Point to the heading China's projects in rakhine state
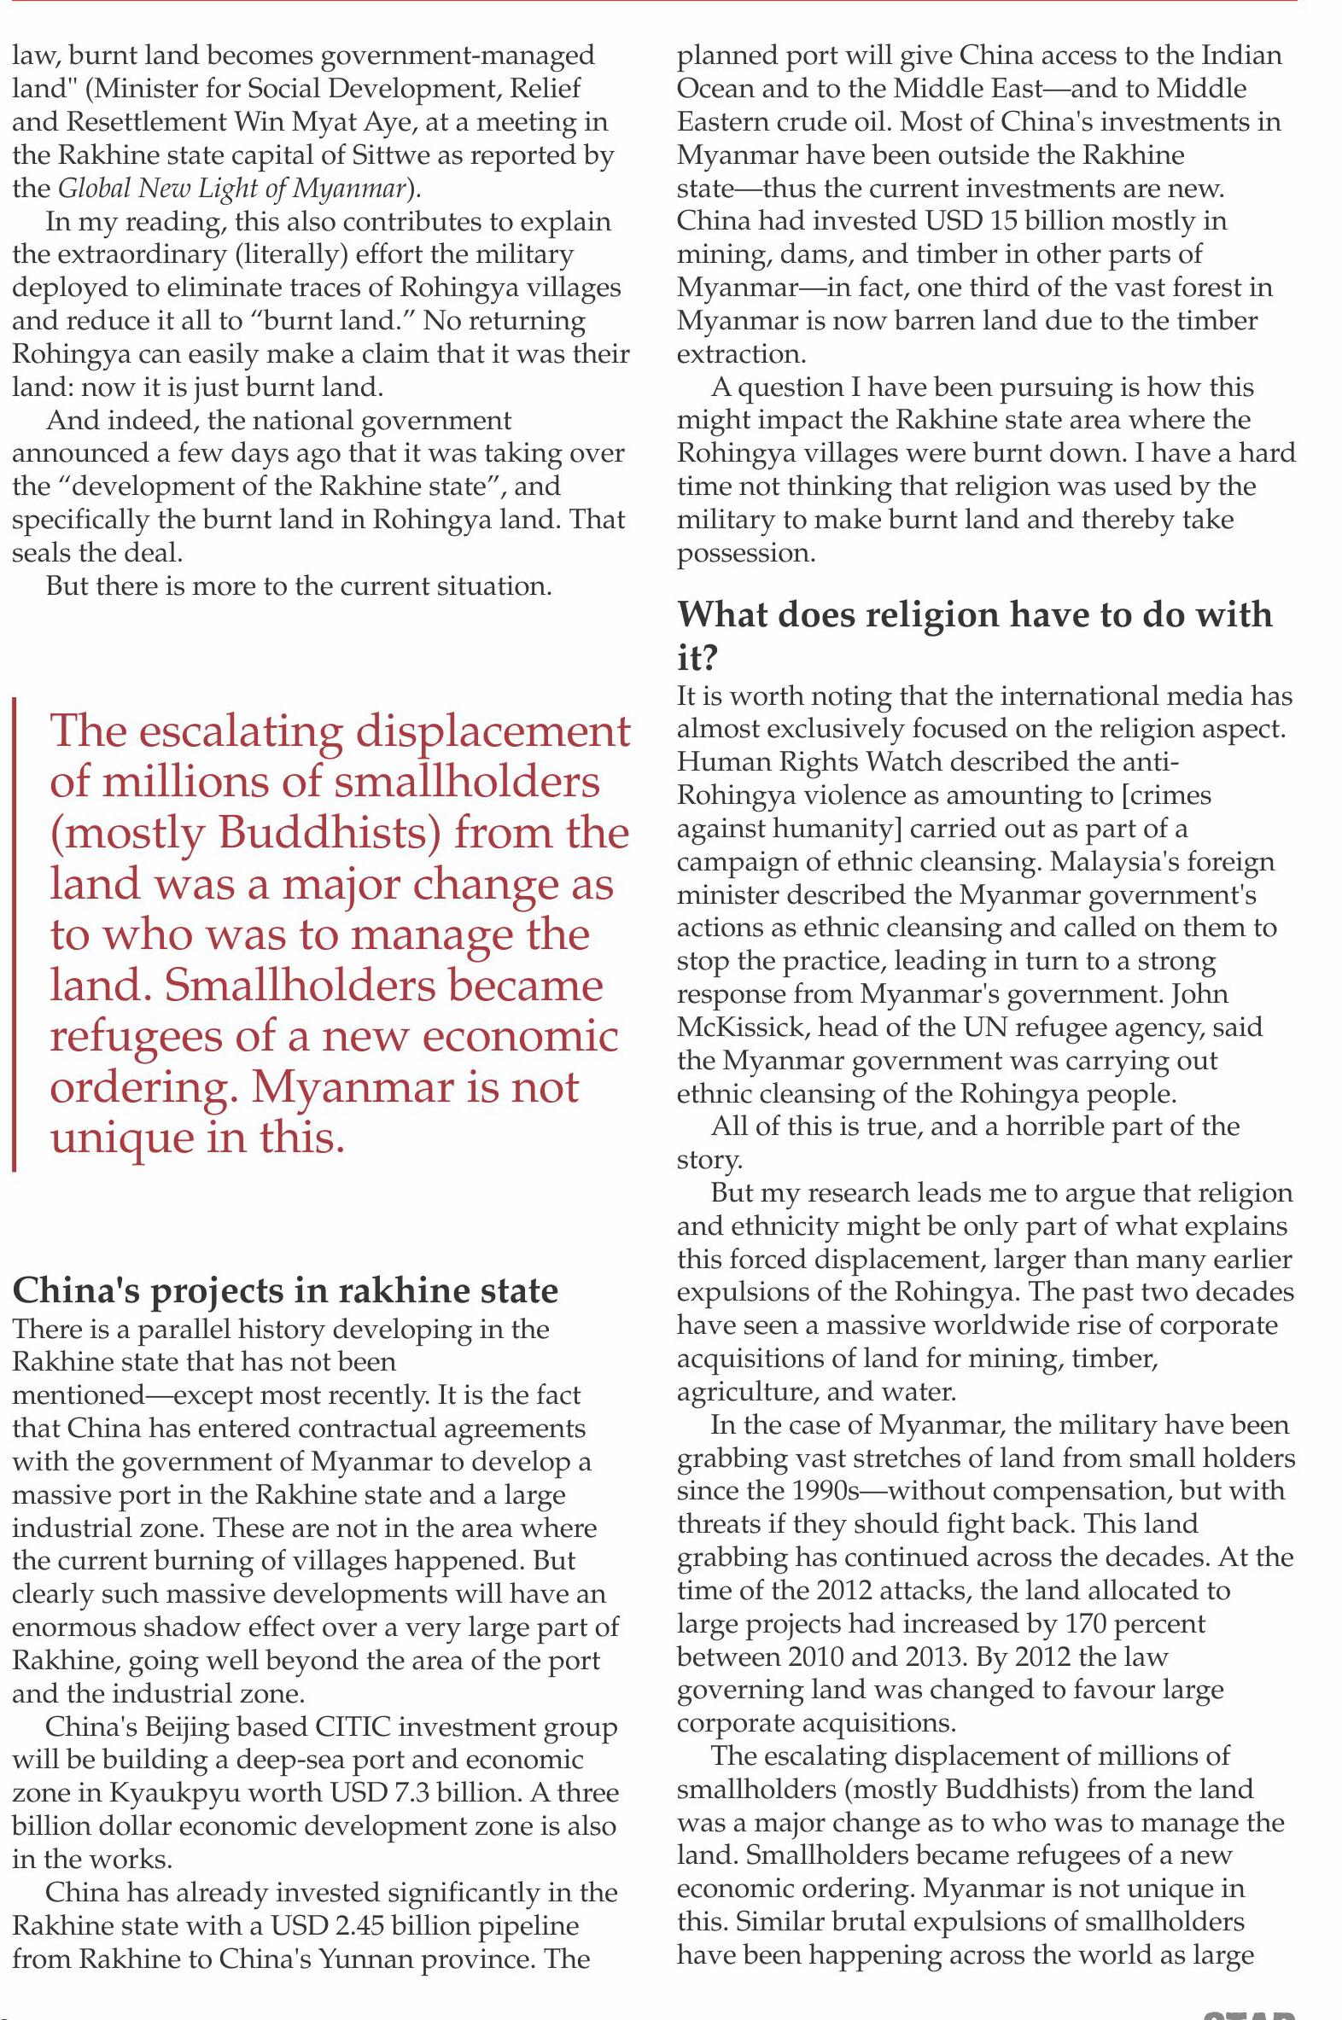[285, 1289]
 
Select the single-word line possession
[744, 554]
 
